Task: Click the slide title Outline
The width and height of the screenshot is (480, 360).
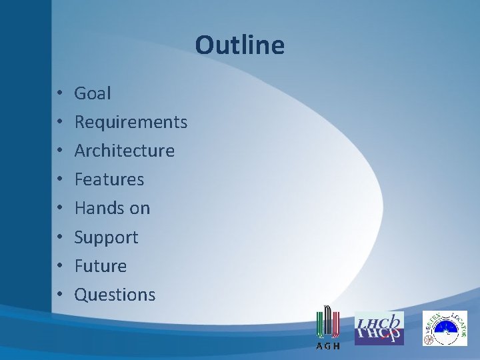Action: tap(239, 45)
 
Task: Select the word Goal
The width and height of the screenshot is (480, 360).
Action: tap(93, 93)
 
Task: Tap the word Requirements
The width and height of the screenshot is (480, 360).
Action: tap(131, 123)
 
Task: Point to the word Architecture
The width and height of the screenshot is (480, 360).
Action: tap(124, 151)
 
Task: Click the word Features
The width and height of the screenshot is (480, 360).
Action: tap(109, 180)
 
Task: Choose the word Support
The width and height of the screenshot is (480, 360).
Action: tap(106, 238)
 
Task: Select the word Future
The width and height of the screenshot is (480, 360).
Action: tap(100, 267)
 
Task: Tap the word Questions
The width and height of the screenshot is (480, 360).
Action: tap(115, 295)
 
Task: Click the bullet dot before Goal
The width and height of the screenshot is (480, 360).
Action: tap(59, 94)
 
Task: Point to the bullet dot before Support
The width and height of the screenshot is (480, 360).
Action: tap(59, 238)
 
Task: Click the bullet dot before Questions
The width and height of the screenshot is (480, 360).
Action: tap(59, 295)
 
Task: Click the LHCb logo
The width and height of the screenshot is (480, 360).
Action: tap(379, 328)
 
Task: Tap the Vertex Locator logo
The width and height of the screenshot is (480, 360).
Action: tap(445, 328)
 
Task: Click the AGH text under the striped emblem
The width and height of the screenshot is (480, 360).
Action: tap(327, 346)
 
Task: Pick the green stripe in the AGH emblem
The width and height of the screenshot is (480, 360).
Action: tap(319, 323)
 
